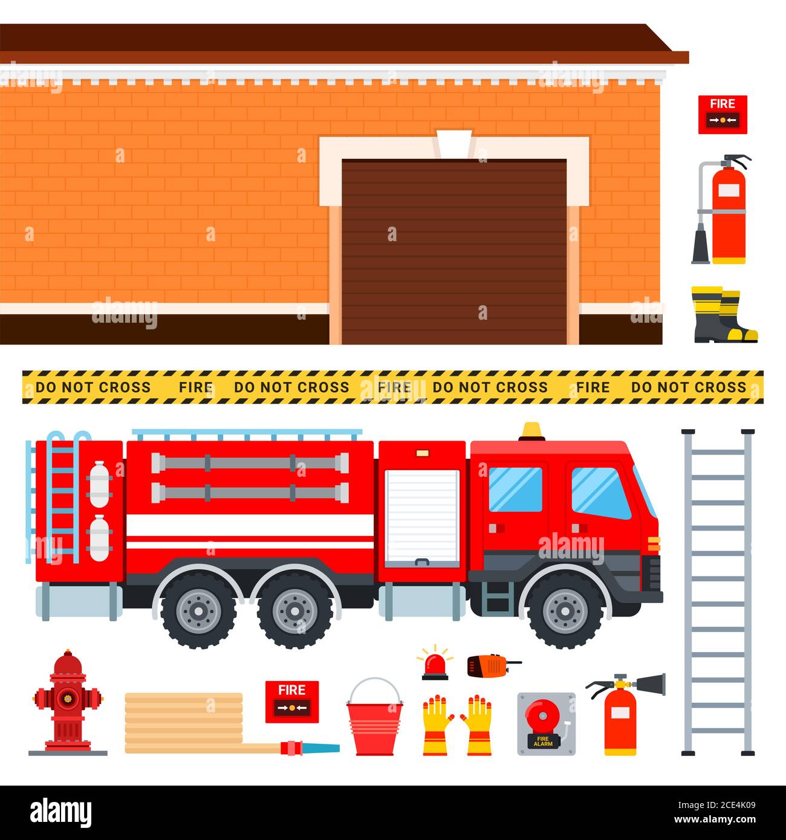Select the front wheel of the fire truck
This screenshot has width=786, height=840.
point(565,610)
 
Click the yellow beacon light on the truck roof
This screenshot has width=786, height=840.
point(532,431)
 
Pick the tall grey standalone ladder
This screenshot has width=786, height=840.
point(718,592)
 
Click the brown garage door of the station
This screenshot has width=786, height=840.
point(453,251)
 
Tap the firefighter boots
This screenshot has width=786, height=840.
point(723,315)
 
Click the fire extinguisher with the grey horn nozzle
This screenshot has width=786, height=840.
point(622,719)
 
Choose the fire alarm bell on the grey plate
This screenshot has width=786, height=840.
point(546,723)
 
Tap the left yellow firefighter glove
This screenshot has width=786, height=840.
point(435,725)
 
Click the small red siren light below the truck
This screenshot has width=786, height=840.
point(435,665)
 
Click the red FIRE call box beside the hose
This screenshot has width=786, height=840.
point(292,701)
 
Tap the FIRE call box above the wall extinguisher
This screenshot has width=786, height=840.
point(723,114)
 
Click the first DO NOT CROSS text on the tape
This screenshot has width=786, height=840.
point(93,387)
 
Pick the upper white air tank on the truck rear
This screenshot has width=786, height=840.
point(99,483)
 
